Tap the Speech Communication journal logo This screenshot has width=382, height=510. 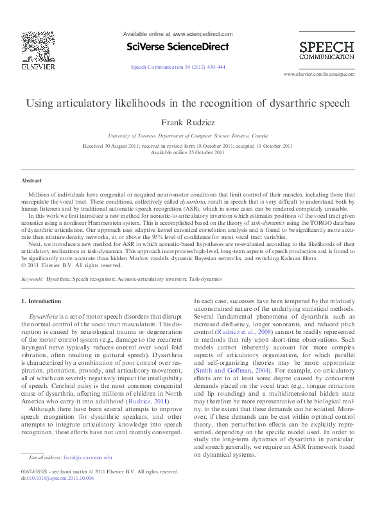coord(326,51)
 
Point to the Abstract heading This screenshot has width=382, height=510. coord(31,181)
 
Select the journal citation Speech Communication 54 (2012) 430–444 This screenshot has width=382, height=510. coord(178,67)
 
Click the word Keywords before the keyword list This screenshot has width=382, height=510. coord(32,279)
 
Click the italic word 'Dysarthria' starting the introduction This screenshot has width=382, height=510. coord(44,317)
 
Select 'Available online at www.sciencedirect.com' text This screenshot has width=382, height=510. coord(177,34)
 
